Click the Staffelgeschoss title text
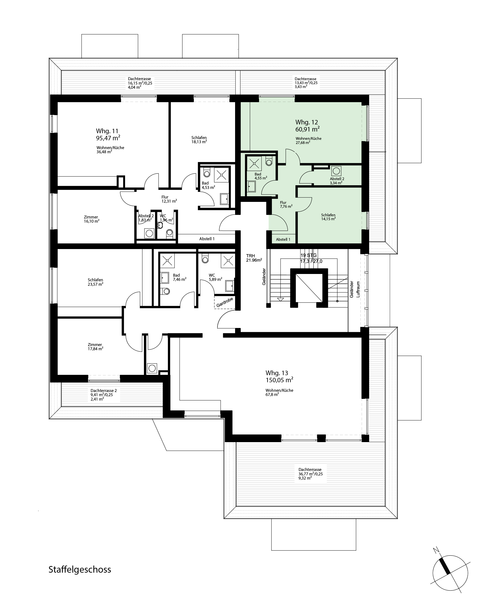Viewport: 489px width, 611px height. click(x=80, y=570)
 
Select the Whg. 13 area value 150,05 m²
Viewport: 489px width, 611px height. click(x=279, y=380)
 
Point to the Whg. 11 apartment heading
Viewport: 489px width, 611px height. click(x=107, y=131)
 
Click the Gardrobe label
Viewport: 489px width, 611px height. click(x=225, y=302)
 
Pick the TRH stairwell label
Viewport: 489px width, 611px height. click(x=250, y=256)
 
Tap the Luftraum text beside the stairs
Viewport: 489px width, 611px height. click(x=358, y=289)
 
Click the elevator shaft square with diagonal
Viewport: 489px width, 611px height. click(x=309, y=288)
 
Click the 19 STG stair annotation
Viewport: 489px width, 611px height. click(x=309, y=255)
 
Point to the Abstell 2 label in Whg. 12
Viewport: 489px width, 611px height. click(x=337, y=179)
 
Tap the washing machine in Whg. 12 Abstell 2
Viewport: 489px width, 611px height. click(x=336, y=171)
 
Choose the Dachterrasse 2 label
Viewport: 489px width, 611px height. click(x=103, y=391)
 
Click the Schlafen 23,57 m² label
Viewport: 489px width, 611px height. click(x=96, y=282)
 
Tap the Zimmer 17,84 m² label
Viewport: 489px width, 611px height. click(x=95, y=347)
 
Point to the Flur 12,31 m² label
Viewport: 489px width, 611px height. click(x=169, y=199)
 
